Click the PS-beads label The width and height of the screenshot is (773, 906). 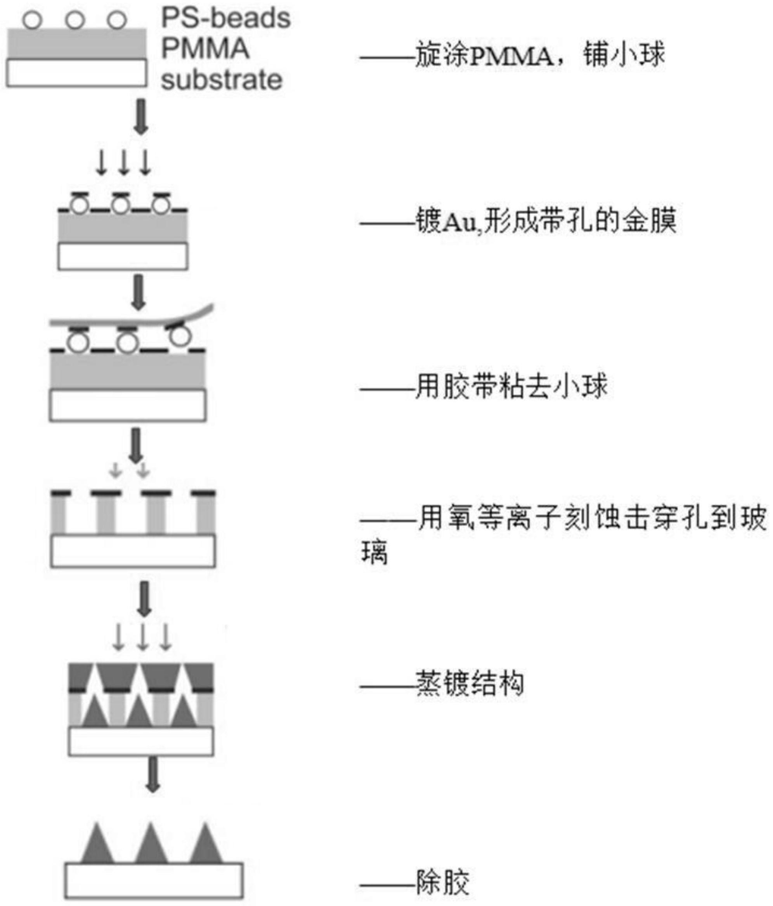pyautogui.click(x=225, y=18)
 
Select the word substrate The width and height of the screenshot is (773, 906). pyautogui.click(x=222, y=80)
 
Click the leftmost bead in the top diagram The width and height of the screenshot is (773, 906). pyautogui.click(x=32, y=20)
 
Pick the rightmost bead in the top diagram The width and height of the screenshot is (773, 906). pyautogui.click(x=117, y=20)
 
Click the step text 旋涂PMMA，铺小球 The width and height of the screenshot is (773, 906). pyautogui.click(x=539, y=56)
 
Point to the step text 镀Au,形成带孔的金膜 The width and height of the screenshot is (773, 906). pyautogui.click(x=546, y=221)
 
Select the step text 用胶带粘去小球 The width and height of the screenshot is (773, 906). pyautogui.click(x=511, y=387)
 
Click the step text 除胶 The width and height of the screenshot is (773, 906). pyautogui.click(x=442, y=882)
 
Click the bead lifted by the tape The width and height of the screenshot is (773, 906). pyautogui.click(x=180, y=336)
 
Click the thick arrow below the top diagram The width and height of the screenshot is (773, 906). pyautogui.click(x=141, y=116)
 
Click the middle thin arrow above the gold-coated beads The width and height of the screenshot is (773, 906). pyautogui.click(x=124, y=163)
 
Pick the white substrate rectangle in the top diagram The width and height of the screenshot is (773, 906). pyautogui.click(x=76, y=73)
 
